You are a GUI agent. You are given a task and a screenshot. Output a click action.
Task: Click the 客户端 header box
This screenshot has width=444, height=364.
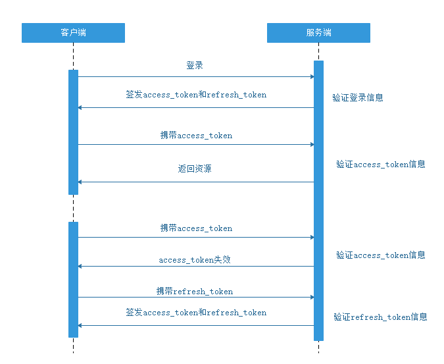pyautogui.click(x=73, y=33)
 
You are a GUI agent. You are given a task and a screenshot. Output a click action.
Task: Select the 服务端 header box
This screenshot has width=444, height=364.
pyautogui.click(x=318, y=33)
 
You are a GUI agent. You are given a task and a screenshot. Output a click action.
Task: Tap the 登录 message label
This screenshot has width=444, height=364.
pyautogui.click(x=195, y=66)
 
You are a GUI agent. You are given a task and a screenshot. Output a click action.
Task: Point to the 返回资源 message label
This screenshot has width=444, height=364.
pyautogui.click(x=195, y=169)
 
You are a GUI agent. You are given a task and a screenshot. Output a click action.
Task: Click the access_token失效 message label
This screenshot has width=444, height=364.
pyautogui.click(x=195, y=260)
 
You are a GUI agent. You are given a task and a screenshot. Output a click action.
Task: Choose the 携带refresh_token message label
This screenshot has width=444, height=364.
pyautogui.click(x=195, y=292)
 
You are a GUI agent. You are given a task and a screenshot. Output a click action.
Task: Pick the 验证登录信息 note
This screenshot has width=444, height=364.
pyautogui.click(x=358, y=98)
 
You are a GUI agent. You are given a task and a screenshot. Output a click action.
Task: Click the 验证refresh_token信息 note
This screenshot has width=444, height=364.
pyautogui.click(x=380, y=317)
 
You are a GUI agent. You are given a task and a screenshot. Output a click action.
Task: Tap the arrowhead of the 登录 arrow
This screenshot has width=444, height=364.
pyautogui.click(x=312, y=77)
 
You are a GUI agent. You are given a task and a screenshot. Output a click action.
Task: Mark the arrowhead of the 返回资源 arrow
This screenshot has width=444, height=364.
pyautogui.click(x=80, y=182)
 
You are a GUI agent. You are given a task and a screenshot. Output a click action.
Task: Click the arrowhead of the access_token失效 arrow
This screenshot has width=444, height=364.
pyautogui.click(x=80, y=266)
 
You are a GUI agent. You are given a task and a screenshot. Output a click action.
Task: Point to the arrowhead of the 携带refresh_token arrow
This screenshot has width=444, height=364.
pyautogui.click(x=312, y=298)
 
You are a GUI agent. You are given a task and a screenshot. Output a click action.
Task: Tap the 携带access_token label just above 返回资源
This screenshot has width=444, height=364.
pyautogui.click(x=196, y=136)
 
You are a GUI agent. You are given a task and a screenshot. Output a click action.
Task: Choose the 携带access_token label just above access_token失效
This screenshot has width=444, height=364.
pyautogui.click(x=196, y=228)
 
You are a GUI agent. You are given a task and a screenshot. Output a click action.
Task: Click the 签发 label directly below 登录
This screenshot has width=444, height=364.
pyautogui.click(x=196, y=95)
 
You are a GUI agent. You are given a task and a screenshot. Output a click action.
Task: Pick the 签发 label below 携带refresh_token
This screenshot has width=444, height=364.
pyautogui.click(x=196, y=313)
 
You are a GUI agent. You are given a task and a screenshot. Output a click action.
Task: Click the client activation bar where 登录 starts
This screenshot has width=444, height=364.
pyautogui.click(x=73, y=132)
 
